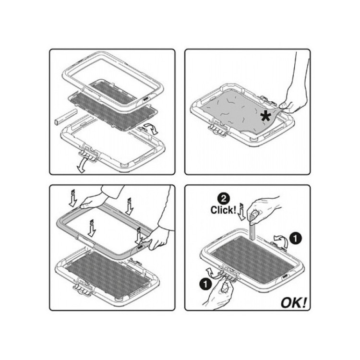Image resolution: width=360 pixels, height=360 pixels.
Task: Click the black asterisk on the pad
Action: [x=265, y=117]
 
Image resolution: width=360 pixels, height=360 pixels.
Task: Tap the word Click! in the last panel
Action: [x=223, y=210]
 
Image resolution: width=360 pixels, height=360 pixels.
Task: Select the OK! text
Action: [x=294, y=302]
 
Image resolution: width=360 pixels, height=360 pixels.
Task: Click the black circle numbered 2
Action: [x=223, y=199]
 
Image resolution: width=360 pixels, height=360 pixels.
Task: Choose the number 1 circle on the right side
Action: [x=295, y=238]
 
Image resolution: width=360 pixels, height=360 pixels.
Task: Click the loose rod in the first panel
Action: [x=66, y=117]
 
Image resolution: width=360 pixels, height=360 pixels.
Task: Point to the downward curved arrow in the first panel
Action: [x=83, y=165]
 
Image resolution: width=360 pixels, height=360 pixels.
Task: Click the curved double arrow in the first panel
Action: [x=150, y=128]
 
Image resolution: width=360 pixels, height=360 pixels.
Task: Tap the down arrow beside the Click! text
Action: [x=241, y=212]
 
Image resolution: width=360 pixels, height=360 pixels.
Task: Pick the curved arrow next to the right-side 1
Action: [x=281, y=240]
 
